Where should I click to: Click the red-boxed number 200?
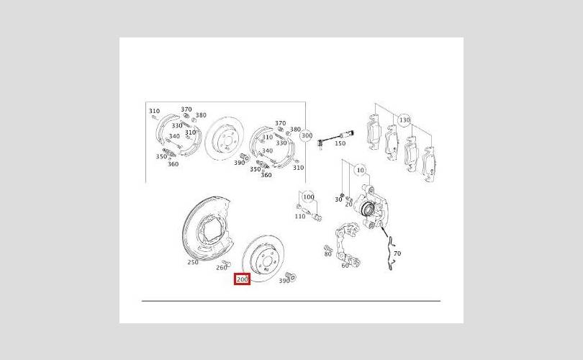[242, 279]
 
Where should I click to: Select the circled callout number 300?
[307, 135]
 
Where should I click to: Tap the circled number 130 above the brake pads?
[405, 120]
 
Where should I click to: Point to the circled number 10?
[361, 171]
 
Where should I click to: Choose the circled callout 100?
[309, 197]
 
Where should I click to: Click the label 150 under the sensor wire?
[340, 143]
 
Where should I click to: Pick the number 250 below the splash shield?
[193, 262]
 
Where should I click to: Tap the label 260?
[221, 268]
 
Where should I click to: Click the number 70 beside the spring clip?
[397, 253]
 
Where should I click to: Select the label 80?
[327, 254]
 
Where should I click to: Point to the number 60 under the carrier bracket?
[345, 266]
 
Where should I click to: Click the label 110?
[299, 217]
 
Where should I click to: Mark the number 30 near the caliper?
[338, 199]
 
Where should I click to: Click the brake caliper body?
[371, 207]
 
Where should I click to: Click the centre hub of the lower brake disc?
[264, 261]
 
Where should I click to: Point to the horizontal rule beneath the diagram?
[291, 300]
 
